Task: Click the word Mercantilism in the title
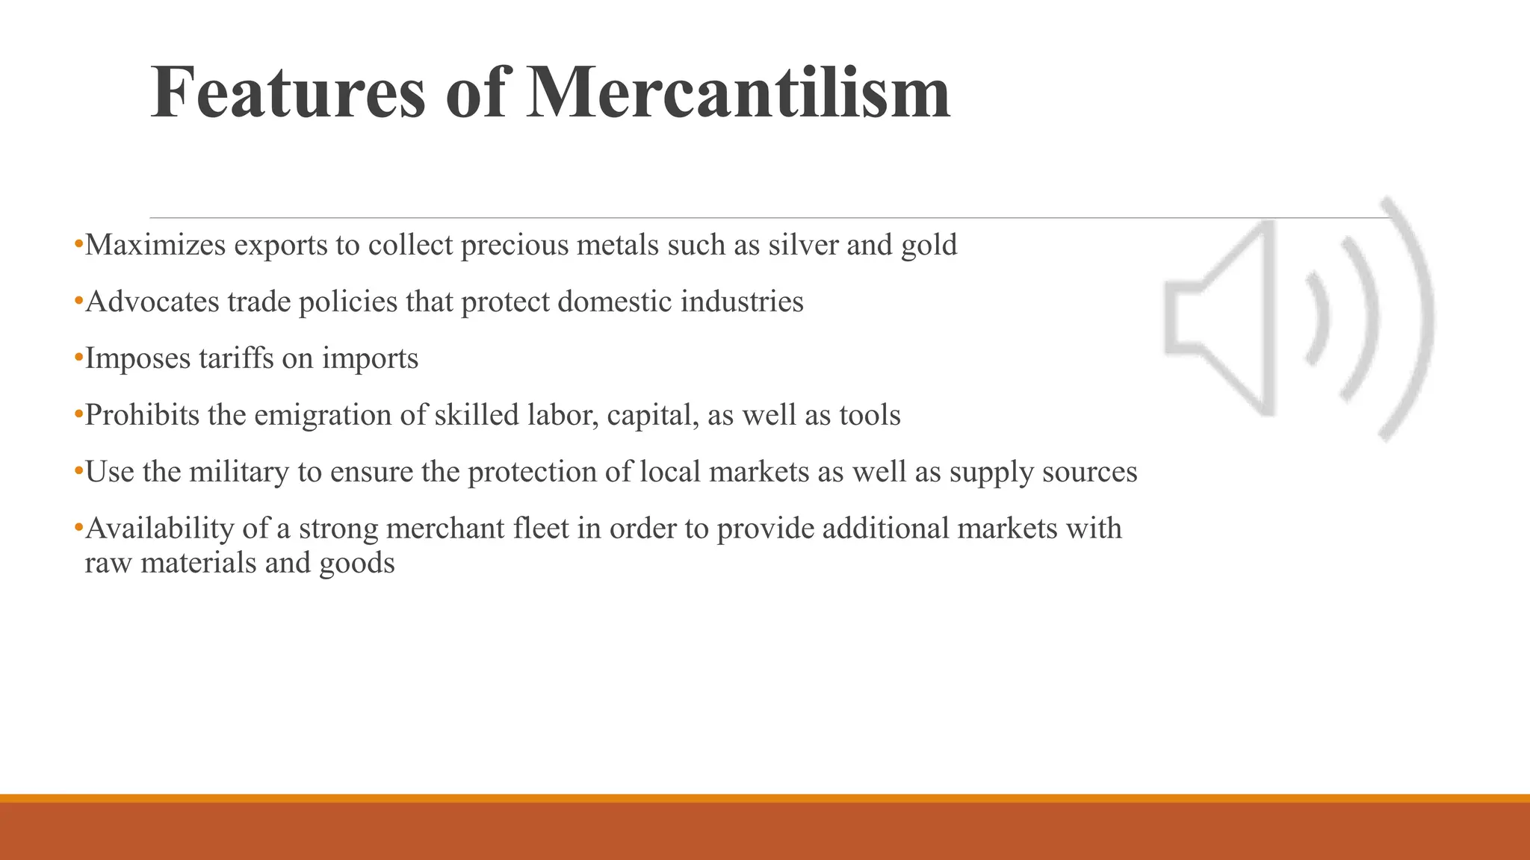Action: point(738,93)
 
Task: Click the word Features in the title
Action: point(288,93)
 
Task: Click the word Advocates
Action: point(152,302)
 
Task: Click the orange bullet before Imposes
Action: point(78,358)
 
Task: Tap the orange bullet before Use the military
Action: point(78,472)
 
